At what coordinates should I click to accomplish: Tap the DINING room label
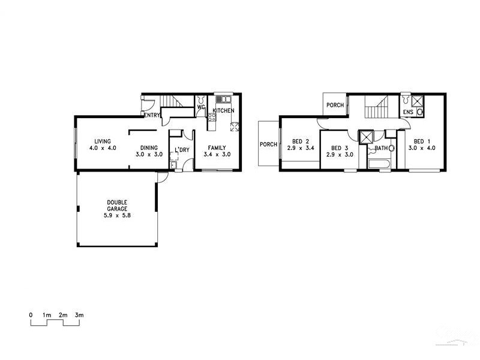click(x=149, y=147)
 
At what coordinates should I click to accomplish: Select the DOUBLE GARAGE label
click(x=117, y=206)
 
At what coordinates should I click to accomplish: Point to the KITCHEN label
click(x=223, y=111)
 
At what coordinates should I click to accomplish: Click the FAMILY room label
click(x=217, y=147)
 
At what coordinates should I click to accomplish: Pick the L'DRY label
click(x=182, y=150)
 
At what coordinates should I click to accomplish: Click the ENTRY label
click(x=151, y=115)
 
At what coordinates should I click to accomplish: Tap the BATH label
click(x=381, y=148)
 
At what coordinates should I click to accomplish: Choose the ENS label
click(x=408, y=112)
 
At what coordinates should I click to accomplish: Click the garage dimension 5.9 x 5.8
click(x=117, y=215)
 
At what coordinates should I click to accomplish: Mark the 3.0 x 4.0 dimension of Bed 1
click(x=422, y=148)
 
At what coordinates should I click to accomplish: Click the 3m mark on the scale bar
click(x=79, y=314)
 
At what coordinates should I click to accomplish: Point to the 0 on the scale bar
click(x=31, y=314)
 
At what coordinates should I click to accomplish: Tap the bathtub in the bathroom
click(x=380, y=163)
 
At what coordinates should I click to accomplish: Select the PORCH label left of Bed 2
click(x=268, y=145)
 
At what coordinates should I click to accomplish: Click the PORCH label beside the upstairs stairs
click(x=335, y=106)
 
